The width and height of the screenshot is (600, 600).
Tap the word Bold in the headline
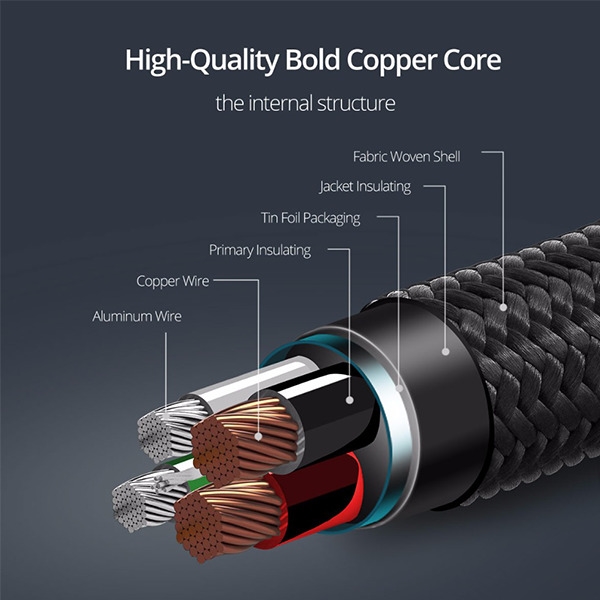pos(312,60)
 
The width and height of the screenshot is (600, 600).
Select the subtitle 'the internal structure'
pos(305,103)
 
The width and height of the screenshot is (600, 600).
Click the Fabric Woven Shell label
pos(406,157)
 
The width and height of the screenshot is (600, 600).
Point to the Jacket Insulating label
pos(365,187)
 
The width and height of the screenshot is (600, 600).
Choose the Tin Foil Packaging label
pos(310,218)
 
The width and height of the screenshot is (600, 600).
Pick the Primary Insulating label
pos(260,250)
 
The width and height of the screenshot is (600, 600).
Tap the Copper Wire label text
pos(173,281)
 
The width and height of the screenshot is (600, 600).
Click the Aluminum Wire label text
pos(137,316)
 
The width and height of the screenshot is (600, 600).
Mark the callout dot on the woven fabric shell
pos(503,307)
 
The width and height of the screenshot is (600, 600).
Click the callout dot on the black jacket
pos(445,351)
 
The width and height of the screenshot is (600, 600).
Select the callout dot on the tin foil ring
pos(399,388)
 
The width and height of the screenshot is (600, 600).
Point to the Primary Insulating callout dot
pos(349,400)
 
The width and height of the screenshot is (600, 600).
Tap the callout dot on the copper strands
pos(258,436)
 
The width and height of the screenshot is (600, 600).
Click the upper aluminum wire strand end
pos(153,436)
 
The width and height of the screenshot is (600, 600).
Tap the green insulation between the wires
pos(199,481)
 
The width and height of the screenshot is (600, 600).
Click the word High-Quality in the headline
pos(202,61)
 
